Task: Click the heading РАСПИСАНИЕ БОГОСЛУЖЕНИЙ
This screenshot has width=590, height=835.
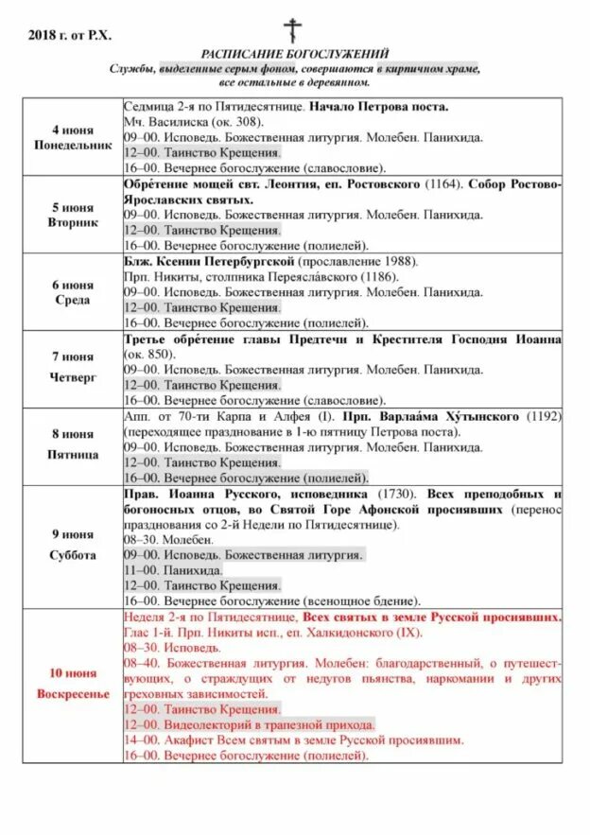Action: pyautogui.click(x=295, y=55)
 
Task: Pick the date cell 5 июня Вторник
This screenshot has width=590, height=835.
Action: pyautogui.click(x=72, y=214)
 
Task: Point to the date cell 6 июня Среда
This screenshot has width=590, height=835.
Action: pyautogui.click(x=72, y=292)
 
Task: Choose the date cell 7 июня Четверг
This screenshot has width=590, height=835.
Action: pyautogui.click(x=72, y=368)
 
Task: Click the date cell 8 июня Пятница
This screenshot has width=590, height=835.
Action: pyautogui.click(x=72, y=445)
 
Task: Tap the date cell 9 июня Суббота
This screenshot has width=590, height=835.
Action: pyautogui.click(x=72, y=548)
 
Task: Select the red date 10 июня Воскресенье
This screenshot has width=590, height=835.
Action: pyautogui.click(x=72, y=683)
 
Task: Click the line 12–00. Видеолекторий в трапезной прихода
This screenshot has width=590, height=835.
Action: pyautogui.click(x=250, y=724)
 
